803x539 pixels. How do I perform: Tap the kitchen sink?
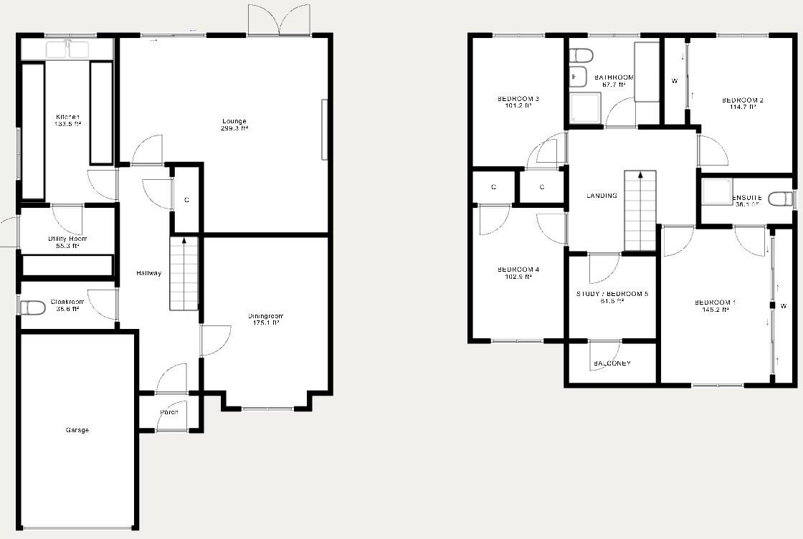[67, 49]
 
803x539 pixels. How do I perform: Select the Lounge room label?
[234, 121]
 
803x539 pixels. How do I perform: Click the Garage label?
[77, 430]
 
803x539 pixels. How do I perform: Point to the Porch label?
[169, 412]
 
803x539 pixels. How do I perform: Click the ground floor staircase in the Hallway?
[184, 274]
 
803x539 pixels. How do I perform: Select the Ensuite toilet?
[780, 199]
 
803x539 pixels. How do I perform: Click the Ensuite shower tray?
[716, 191]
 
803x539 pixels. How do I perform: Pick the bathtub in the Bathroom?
[647, 72]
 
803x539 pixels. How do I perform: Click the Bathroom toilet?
[581, 55]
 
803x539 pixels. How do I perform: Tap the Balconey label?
[612, 363]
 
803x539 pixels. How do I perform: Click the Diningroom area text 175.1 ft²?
[266, 323]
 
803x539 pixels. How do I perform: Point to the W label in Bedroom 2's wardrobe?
[675, 81]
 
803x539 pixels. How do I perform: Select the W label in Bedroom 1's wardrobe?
[784, 306]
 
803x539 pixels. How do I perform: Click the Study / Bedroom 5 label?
[612, 294]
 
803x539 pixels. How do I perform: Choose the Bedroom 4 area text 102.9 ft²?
[518, 277]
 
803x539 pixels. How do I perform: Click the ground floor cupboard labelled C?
[186, 200]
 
